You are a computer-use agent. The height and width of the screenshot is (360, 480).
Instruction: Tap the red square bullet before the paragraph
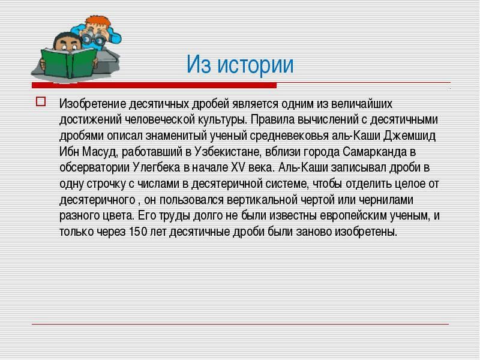coord(41,101)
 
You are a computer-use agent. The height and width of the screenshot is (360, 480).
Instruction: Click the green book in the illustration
coord(69,62)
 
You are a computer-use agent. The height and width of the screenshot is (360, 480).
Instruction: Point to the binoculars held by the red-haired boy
coord(92,38)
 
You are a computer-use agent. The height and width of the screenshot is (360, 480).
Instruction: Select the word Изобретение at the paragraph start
coord(93,104)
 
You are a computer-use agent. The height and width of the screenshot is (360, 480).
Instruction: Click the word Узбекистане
coord(227,152)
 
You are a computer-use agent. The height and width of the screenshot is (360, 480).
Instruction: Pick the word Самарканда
coord(375,152)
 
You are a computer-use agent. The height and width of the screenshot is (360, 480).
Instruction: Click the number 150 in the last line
coord(138,232)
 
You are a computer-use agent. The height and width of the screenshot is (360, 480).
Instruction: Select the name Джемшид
coord(409,136)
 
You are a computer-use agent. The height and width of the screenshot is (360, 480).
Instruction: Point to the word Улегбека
coord(157,167)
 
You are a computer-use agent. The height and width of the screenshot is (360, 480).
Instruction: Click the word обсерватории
coord(95,168)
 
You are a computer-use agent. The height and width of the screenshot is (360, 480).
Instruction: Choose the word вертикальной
coord(262,200)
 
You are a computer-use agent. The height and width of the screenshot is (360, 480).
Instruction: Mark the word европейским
coord(353,215)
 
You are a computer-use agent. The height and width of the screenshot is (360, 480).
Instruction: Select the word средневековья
coord(289,136)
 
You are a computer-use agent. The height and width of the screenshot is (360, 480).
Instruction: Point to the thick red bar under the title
coord(154,85)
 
